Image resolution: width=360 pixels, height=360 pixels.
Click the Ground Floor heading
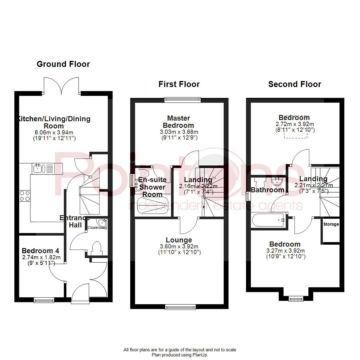pos(63,64)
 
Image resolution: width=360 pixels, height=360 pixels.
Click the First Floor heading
pos(179,84)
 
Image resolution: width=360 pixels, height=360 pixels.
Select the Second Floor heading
pos(295,84)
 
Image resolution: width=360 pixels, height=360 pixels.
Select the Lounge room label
pos(179,240)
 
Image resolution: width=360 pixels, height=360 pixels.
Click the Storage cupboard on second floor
pos(331,230)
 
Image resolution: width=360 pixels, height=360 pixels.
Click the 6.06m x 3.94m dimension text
pos(54,132)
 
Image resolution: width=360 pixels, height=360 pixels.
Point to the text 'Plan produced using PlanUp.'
pos(180,355)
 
